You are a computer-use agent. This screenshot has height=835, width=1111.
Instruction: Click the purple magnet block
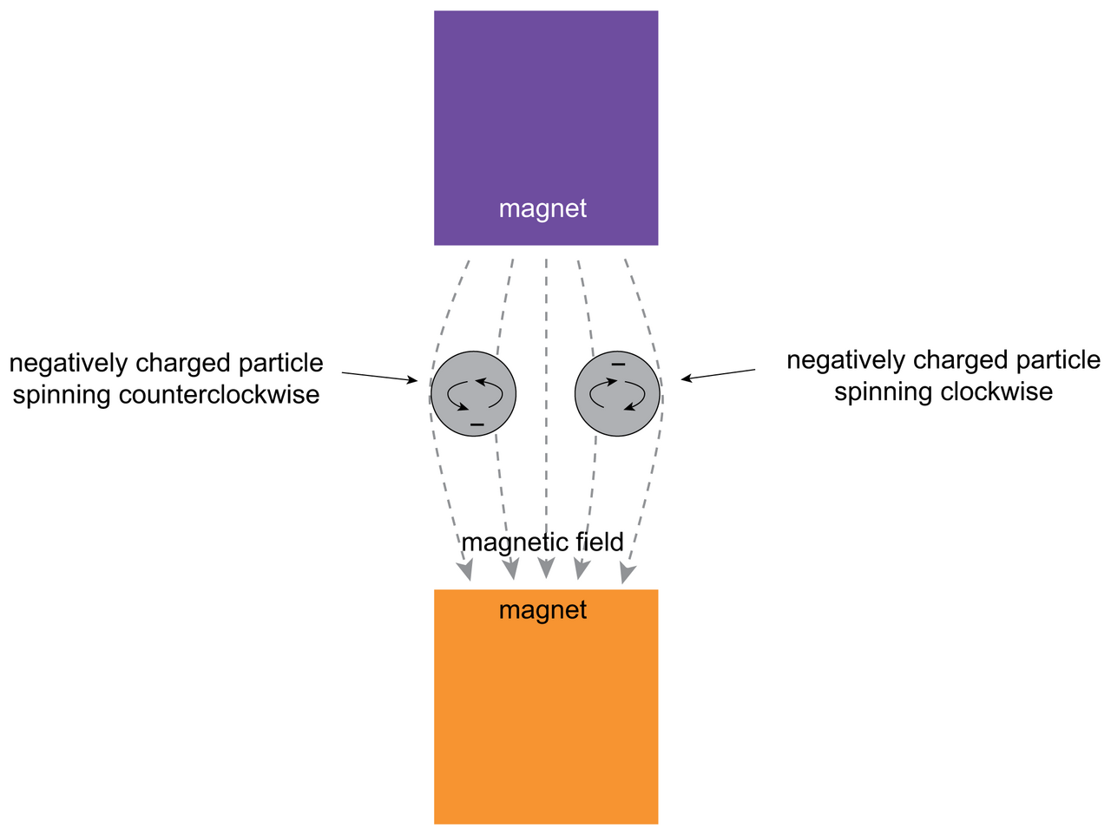[546, 113]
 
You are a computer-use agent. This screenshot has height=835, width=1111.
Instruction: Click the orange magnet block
[546, 720]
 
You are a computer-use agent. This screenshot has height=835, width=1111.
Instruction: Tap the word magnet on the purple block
[542, 208]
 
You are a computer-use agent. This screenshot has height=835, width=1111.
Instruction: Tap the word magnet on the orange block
[542, 610]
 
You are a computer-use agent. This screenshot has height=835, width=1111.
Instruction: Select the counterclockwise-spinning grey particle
[474, 393]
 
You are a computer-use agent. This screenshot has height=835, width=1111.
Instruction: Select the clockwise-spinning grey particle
[617, 393]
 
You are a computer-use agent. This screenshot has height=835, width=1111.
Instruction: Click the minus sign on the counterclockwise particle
[477, 424]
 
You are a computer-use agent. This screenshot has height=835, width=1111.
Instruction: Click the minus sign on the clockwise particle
[618, 365]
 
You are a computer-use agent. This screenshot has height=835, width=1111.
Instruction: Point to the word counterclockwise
[219, 395]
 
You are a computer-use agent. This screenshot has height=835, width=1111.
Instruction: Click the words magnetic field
[542, 542]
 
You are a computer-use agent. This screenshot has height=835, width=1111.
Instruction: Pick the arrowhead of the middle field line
[546, 569]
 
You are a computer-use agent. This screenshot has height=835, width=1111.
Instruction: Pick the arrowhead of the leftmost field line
[466, 571]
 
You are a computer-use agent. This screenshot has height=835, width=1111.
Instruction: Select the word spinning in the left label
[62, 395]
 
